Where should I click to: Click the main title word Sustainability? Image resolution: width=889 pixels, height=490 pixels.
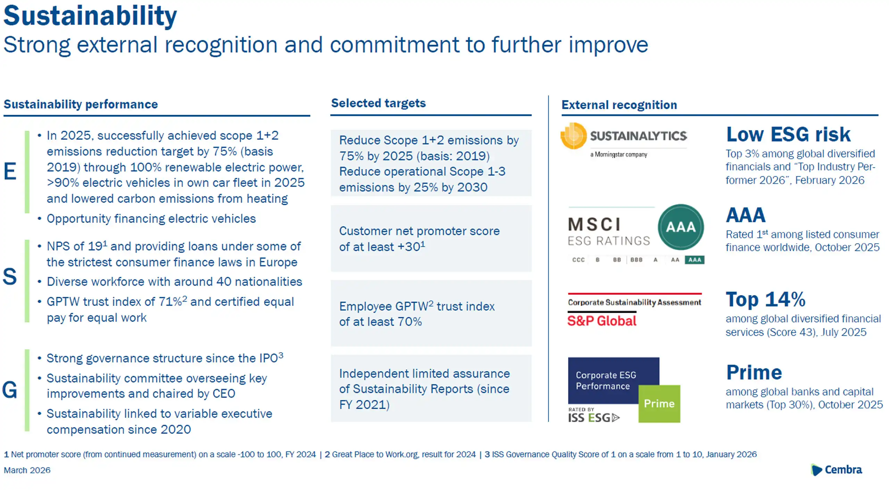coord(90,16)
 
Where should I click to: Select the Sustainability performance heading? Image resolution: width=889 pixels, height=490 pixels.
coord(81,104)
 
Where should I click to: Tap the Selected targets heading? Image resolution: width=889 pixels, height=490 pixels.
coord(378,103)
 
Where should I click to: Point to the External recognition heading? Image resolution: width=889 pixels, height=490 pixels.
coord(619,105)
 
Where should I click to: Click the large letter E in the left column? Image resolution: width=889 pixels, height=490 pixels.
coord(10,171)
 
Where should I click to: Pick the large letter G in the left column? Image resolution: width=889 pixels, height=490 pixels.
coord(10,390)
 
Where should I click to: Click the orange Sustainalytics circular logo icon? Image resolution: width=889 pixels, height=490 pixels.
coord(573,136)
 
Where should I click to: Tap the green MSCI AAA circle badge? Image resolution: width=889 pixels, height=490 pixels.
coord(680,227)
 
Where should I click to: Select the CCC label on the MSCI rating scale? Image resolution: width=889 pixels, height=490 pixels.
coord(578,260)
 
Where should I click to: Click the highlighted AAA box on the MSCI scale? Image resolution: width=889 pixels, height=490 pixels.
coord(695,260)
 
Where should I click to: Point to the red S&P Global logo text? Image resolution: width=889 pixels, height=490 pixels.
coord(602,321)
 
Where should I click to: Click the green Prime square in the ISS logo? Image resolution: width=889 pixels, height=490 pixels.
coord(659,403)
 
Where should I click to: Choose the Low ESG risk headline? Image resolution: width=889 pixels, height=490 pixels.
coord(788,134)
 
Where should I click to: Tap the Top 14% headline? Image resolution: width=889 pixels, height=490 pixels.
coord(765,299)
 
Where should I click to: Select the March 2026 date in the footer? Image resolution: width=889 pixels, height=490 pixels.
coord(27,470)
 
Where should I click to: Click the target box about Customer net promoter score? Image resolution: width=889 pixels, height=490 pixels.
coord(431,239)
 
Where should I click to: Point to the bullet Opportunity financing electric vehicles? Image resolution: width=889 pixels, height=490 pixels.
coord(151,219)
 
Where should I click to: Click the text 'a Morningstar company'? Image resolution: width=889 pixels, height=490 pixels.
coord(618,155)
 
